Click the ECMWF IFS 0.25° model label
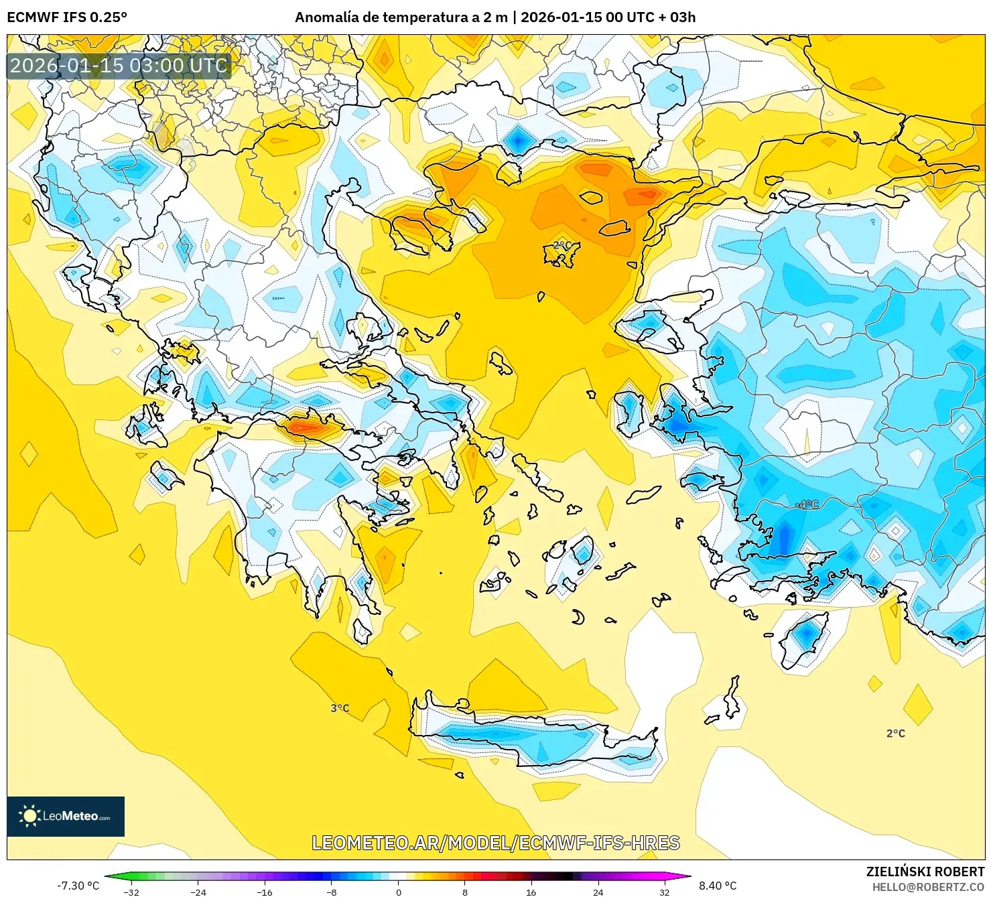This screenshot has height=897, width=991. click(x=67, y=17)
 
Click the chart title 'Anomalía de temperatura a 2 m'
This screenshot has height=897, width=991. click(x=401, y=17)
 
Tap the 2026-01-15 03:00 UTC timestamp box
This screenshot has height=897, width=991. click(x=119, y=66)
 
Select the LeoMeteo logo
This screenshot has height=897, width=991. click(x=66, y=816)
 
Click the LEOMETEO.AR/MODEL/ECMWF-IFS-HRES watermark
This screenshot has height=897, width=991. click(x=496, y=843)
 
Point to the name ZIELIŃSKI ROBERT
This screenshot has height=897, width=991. click(x=925, y=872)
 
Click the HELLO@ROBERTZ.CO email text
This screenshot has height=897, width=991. click(x=928, y=887)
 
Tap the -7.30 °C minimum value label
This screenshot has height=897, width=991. click(x=78, y=886)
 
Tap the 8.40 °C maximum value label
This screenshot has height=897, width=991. click(x=718, y=886)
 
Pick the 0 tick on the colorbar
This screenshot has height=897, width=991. click(x=399, y=892)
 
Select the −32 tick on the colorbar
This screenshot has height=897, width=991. click(x=131, y=892)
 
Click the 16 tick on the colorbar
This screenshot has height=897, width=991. click(x=531, y=892)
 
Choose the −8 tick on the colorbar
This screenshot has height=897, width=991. click(x=332, y=892)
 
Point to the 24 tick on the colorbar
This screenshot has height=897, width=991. click(x=598, y=892)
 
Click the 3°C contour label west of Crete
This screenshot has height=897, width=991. click(x=340, y=708)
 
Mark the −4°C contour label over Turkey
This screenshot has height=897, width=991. click(x=807, y=504)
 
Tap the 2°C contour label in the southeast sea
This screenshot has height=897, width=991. click(x=895, y=734)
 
